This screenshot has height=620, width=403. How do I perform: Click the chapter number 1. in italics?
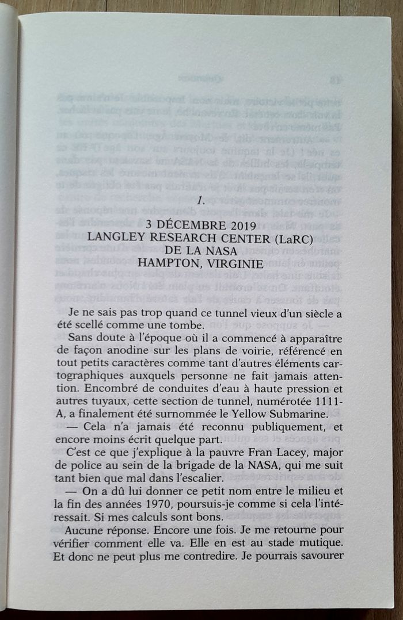click(x=201, y=201)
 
